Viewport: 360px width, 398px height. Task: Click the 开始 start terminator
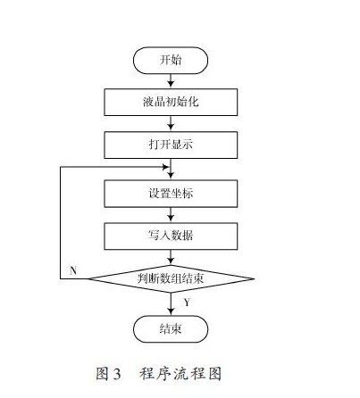[171, 61]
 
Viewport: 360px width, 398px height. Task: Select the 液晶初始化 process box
[171, 102]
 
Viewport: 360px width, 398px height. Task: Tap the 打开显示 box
[171, 145]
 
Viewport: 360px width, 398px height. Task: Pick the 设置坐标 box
[171, 194]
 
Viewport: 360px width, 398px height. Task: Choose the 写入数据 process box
[171, 236]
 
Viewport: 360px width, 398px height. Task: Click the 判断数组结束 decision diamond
[171, 278]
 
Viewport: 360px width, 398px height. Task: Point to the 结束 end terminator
[171, 329]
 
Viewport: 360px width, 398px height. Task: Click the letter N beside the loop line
[73, 270]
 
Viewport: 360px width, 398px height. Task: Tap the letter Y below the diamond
[187, 303]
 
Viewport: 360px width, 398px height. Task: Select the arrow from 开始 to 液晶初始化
[171, 81]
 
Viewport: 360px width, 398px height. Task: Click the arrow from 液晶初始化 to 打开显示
[171, 123]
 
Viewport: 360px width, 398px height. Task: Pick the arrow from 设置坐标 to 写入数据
[171, 215]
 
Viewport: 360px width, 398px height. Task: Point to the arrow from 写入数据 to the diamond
[171, 257]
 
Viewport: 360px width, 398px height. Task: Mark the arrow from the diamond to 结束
[171, 304]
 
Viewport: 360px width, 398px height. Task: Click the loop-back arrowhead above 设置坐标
[165, 167]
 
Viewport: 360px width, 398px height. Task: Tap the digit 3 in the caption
[117, 374]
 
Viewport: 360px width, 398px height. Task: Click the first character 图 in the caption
[102, 373]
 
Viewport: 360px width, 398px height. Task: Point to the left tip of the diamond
[88, 278]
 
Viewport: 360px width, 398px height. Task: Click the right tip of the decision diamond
[255, 278]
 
